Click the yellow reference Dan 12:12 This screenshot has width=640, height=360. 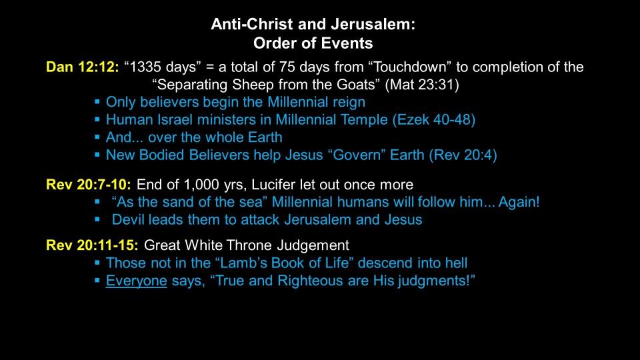(83, 67)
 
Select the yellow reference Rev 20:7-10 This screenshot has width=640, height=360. (89, 185)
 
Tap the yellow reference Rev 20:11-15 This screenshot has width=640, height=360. (92, 245)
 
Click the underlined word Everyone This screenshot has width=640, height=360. (136, 281)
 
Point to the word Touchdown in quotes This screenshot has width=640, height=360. (412, 67)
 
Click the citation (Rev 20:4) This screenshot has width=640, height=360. (463, 155)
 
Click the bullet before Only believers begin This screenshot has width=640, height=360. (97, 101)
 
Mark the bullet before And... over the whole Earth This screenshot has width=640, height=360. (97, 137)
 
